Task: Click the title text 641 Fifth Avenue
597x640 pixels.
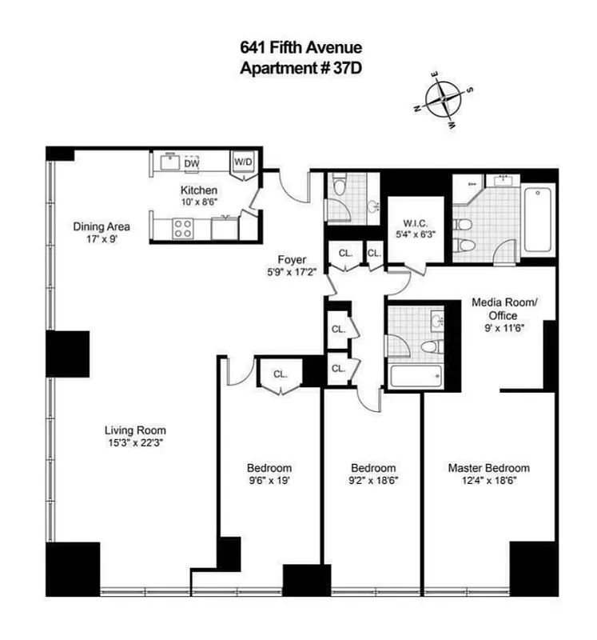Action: [298, 49]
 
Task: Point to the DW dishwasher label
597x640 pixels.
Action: [191, 163]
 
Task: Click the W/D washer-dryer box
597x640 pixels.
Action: [242, 162]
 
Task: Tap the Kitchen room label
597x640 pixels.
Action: [199, 190]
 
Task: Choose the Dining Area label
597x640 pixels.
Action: [101, 226]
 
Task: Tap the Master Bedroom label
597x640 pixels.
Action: [488, 468]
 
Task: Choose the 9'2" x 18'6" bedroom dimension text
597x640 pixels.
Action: [374, 481]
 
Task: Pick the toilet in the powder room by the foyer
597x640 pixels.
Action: [339, 189]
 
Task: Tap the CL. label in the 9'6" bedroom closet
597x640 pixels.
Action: [280, 374]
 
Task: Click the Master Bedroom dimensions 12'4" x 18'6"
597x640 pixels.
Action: [488, 481]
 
